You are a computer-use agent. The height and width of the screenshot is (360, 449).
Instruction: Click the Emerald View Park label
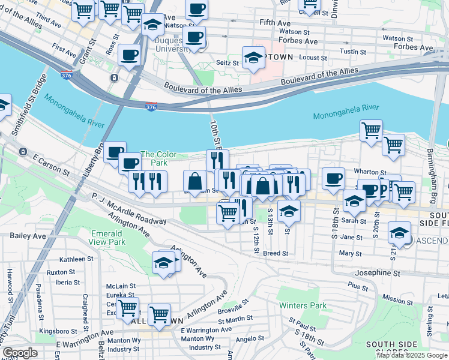[x=108, y=237]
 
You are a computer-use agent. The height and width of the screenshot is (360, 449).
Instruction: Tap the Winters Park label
[x=303, y=305]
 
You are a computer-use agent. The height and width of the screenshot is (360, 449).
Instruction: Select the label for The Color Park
[x=158, y=158]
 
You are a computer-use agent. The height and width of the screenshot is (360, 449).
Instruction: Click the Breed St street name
[x=276, y=253]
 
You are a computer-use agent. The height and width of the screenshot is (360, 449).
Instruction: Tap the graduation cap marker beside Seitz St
[x=253, y=58]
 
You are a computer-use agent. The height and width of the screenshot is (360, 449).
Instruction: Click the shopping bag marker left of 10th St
[x=195, y=181]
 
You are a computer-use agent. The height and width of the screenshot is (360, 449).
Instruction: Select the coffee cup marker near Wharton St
[x=333, y=178]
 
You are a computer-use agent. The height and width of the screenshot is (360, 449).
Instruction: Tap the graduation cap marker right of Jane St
[x=400, y=232]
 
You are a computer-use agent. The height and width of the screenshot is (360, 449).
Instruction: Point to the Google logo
[x=20, y=353]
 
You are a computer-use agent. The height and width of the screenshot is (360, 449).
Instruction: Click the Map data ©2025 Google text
[x=412, y=355]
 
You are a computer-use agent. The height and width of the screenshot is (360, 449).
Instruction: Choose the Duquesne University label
[x=173, y=44]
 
